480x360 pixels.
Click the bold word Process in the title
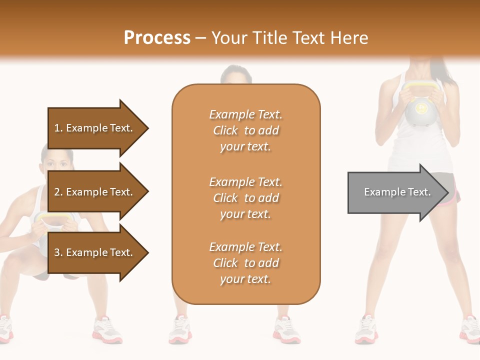click(x=157, y=38)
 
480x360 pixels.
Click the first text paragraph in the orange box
click(x=246, y=130)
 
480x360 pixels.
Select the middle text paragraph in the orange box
click(x=246, y=198)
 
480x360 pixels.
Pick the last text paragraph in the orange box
click(x=246, y=263)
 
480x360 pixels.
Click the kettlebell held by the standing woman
click(x=421, y=111)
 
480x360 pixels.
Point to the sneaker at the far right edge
click(x=470, y=329)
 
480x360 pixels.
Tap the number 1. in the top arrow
click(x=58, y=128)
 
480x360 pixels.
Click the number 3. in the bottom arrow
click(x=58, y=252)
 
